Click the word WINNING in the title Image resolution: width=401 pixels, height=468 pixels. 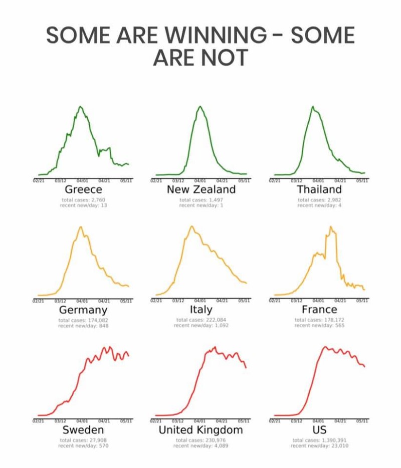[x=216, y=36]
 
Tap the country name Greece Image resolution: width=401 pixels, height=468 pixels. [x=84, y=189]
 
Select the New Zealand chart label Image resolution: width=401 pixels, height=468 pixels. [x=201, y=189]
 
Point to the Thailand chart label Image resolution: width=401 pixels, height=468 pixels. [x=319, y=189]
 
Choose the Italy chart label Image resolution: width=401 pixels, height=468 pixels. [x=201, y=310]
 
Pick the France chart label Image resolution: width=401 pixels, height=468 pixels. [x=319, y=310]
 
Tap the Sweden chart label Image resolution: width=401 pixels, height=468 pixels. [x=84, y=430]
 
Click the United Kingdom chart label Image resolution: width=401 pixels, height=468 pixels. [x=200, y=430]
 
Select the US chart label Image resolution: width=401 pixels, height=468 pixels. [x=319, y=430]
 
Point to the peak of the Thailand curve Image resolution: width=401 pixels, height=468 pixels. [x=312, y=107]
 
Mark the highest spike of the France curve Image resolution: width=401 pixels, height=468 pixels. [x=330, y=227]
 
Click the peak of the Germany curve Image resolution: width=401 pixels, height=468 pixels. [x=80, y=227]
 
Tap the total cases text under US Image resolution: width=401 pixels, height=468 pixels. [x=319, y=439]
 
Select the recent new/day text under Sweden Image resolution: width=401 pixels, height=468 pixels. [x=84, y=445]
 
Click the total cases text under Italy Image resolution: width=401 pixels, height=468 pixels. [x=200, y=320]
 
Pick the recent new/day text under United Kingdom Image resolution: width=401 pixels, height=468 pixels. [x=200, y=445]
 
